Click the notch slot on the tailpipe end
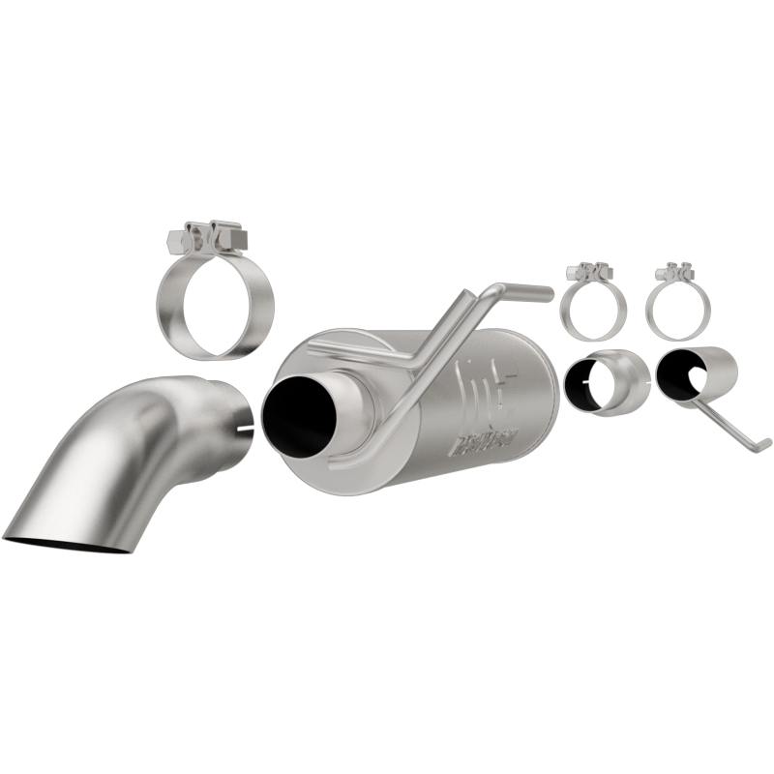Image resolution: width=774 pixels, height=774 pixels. click(x=245, y=426)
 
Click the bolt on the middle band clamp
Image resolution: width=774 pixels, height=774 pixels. click(x=590, y=272)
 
